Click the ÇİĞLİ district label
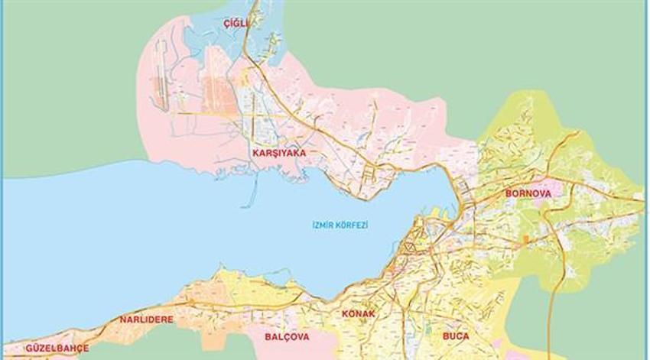coord(236,24)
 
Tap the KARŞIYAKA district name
coord(278,153)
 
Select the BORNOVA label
coord(528,193)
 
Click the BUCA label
coord(455,336)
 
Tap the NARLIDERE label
coord(146,319)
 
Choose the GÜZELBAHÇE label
coord(57,348)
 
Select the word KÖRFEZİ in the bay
coord(353,225)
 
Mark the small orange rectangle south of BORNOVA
coord(525,239)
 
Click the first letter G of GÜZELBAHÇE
coord(28,348)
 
